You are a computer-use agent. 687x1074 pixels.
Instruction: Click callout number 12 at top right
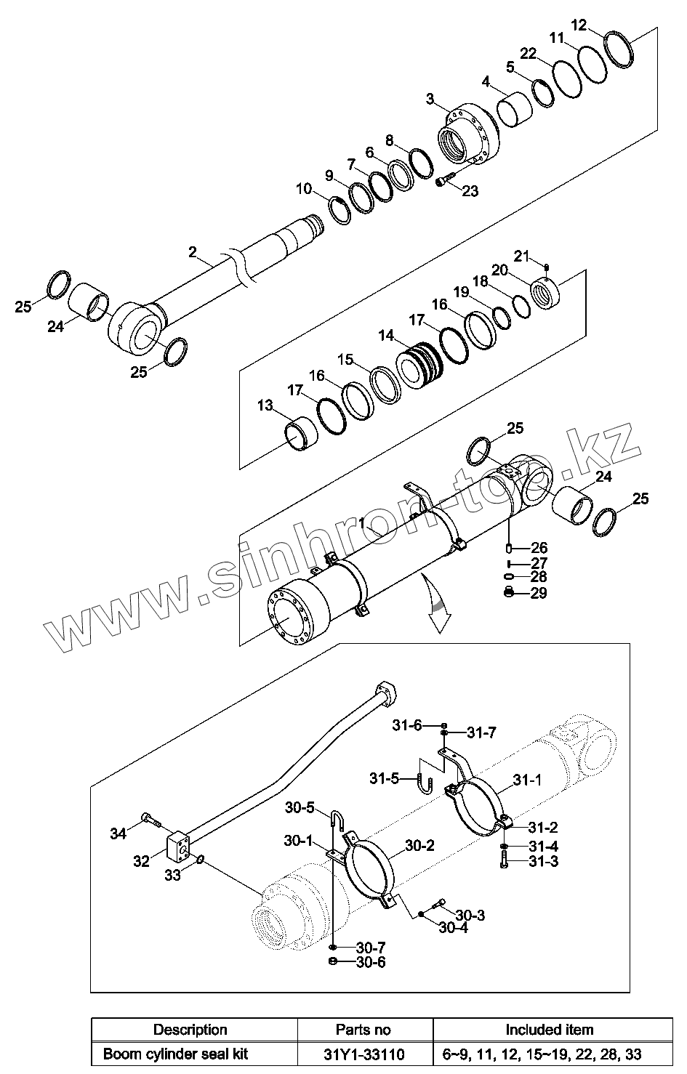tap(579, 25)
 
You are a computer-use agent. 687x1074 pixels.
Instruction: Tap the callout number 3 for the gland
tap(430, 98)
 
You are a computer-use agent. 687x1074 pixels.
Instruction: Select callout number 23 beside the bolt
tap(470, 191)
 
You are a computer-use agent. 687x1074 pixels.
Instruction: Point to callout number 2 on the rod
tap(193, 252)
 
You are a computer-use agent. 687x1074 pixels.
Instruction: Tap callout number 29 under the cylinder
tap(539, 594)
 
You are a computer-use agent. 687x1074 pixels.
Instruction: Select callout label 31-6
tap(407, 724)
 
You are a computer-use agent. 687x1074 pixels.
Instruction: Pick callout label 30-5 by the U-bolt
tap(299, 807)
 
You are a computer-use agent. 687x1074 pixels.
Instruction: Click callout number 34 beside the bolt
tap(118, 833)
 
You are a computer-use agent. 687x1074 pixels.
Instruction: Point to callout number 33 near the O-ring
tap(172, 876)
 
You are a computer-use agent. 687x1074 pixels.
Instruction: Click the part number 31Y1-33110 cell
tap(365, 1053)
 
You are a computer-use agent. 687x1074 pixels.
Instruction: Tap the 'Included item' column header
tap(549, 1029)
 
